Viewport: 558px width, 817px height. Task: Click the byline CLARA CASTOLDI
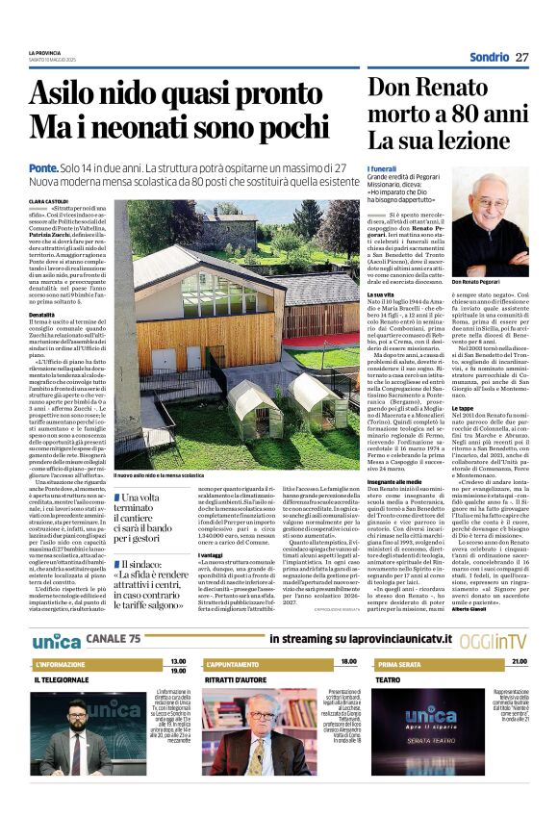[48, 201]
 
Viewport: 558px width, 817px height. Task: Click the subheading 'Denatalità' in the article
[41, 315]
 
